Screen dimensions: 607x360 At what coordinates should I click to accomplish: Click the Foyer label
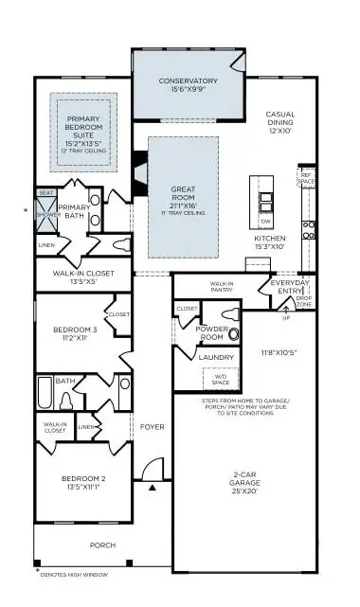click(x=152, y=427)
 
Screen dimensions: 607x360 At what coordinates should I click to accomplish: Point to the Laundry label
click(x=216, y=357)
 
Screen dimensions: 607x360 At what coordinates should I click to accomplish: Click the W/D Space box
click(x=222, y=380)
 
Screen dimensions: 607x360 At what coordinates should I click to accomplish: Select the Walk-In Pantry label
click(x=221, y=287)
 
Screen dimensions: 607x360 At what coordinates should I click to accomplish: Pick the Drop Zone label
click(x=304, y=302)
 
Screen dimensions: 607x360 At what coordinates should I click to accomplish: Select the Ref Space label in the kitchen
click(x=306, y=178)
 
